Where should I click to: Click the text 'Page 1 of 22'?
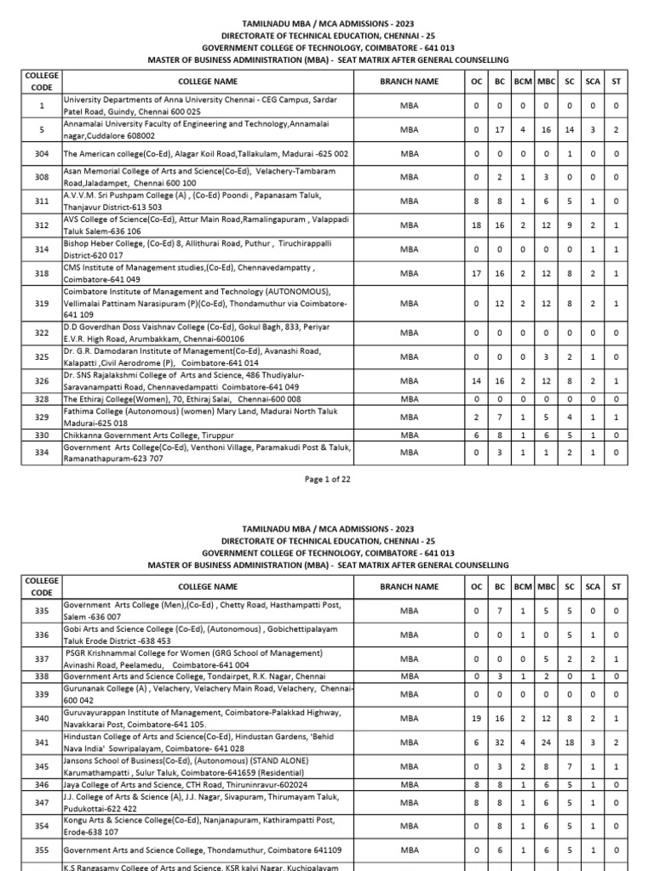pos(327,480)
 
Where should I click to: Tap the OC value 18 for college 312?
pos(477,225)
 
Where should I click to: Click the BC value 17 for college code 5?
pos(500,129)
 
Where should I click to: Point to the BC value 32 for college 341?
pos(500,743)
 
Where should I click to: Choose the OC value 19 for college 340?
pos(477,718)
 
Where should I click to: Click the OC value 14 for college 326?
pos(477,381)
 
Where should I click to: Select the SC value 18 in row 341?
pos(570,743)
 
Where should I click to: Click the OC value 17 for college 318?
pos(477,274)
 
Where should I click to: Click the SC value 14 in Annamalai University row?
pos(570,129)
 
